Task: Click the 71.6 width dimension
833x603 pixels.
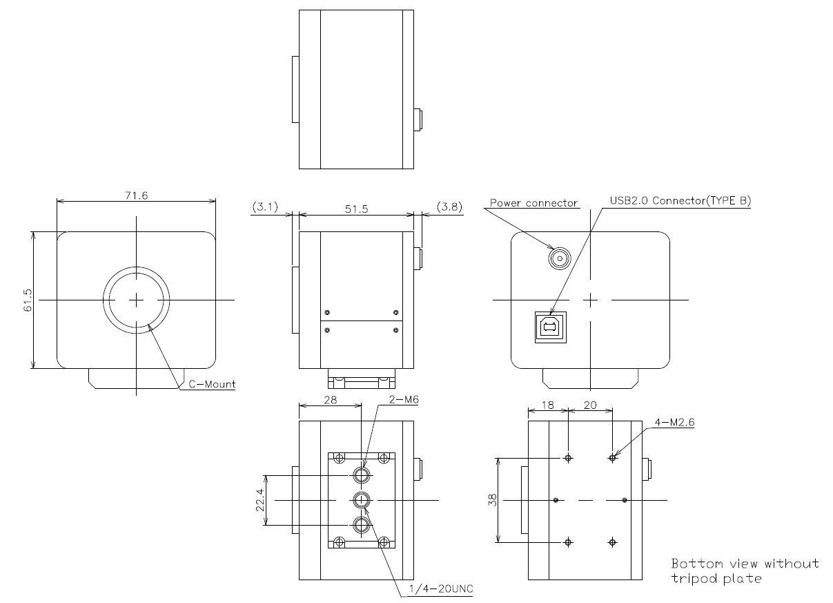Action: point(136,195)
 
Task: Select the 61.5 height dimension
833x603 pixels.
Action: point(28,300)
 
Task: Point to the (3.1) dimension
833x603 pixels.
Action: point(265,207)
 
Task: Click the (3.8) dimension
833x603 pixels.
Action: point(449,207)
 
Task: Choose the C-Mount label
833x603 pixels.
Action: point(213,384)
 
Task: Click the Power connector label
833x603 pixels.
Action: point(533,203)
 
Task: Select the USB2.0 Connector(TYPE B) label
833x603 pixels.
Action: point(680,201)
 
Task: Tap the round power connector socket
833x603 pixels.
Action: point(560,259)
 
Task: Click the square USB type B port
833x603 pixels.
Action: point(550,327)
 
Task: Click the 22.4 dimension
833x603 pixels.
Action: point(259,499)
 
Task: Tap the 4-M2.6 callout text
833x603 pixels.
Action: point(673,423)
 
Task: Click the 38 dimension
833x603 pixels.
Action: point(491,499)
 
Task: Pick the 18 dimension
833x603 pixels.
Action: point(547,405)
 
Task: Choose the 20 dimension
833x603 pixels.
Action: point(590,405)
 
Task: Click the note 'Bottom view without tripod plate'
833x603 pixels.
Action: point(745,571)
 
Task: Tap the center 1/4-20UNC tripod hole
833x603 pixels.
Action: point(362,499)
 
